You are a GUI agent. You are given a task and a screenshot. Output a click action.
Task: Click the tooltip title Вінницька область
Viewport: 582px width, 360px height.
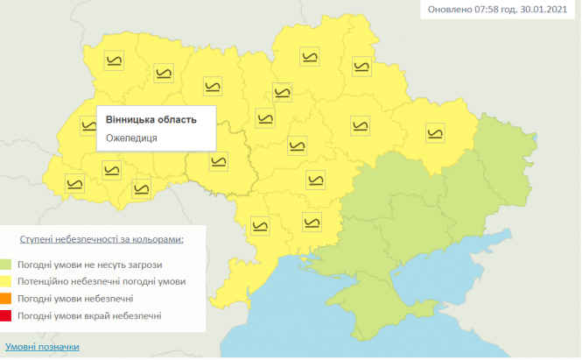pyautogui.click(x=151, y=119)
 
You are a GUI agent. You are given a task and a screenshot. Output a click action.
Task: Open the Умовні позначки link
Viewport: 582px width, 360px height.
pyautogui.click(x=42, y=346)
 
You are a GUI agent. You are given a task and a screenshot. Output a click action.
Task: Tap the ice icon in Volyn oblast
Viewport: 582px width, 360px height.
pyautogui.click(x=114, y=60)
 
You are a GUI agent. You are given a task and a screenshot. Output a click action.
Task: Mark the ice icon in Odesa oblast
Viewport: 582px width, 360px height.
pyautogui.click(x=260, y=225)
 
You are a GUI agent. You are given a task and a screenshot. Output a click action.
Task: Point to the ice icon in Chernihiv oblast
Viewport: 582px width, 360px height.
pyautogui.click(x=309, y=58)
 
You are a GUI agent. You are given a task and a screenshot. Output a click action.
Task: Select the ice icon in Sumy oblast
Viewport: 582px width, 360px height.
pyautogui.click(x=361, y=65)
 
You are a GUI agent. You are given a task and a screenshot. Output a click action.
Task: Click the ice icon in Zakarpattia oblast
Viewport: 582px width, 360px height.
pyautogui.click(x=76, y=183)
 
